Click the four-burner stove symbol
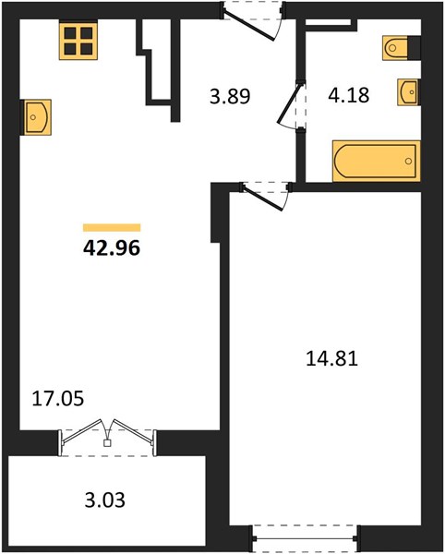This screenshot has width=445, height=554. tap(78, 41)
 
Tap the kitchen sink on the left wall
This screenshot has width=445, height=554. tap(38, 117)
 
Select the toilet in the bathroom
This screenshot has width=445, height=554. tap(395, 48)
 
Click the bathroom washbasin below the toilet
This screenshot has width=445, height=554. tap(408, 91)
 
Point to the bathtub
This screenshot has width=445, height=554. tap(377, 161)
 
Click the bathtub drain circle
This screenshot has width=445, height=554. tap(409, 161)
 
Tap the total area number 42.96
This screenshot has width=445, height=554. tap(112, 248)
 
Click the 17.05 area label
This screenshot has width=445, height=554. tap(58, 399)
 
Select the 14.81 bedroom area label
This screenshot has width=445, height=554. tap(332, 358)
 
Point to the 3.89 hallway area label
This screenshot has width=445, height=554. tap(230, 96)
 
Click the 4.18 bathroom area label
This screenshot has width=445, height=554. tap(349, 95)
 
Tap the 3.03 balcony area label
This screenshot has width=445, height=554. tap(105, 500)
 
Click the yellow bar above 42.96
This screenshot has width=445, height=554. tap(112, 227)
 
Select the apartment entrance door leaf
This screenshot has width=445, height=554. tap(249, 26)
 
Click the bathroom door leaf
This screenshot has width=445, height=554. tap(290, 103)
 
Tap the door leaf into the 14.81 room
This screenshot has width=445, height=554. tap(263, 199)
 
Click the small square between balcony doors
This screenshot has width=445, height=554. tap(107, 443)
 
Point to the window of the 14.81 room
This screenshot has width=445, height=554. tap(306, 538)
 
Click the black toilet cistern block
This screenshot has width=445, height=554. tap(415, 48)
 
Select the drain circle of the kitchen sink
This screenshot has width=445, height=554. tap(33, 117)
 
